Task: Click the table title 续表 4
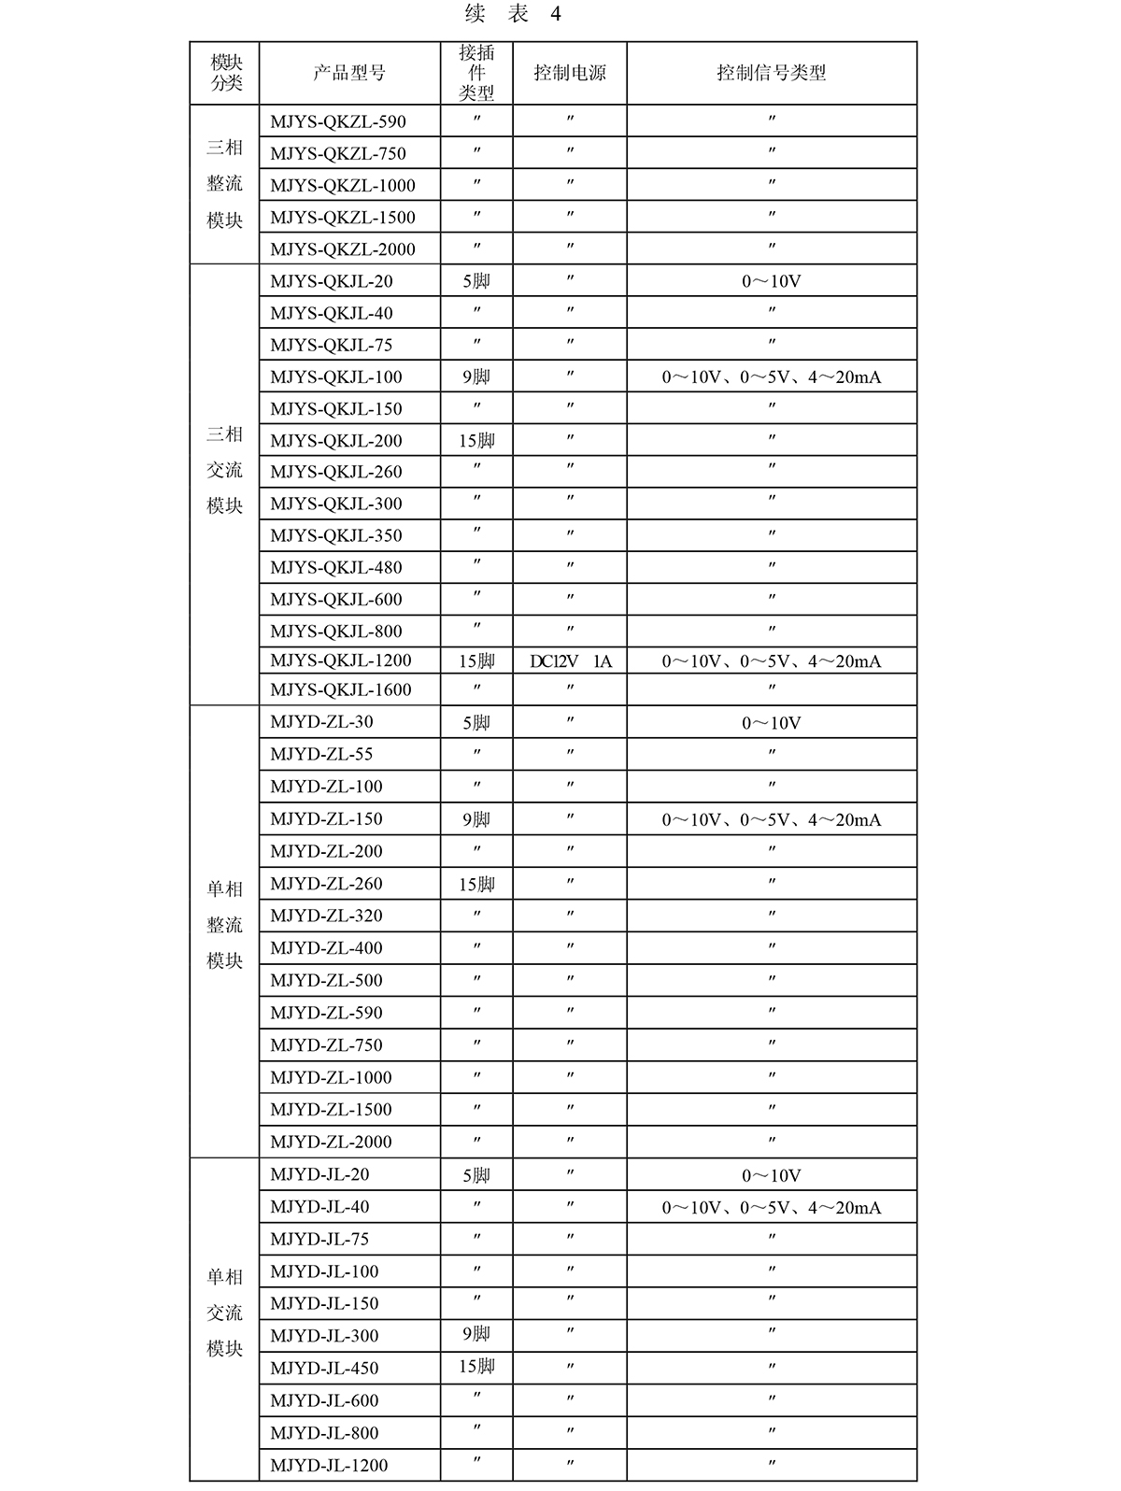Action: [x=513, y=14]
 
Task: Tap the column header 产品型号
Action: [x=348, y=73]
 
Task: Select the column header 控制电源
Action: [x=569, y=73]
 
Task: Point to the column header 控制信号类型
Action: [x=771, y=73]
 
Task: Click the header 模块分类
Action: [x=225, y=73]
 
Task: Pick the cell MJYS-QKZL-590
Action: [x=338, y=121]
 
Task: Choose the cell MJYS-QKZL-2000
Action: [x=342, y=249]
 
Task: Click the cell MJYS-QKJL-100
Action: [x=335, y=377]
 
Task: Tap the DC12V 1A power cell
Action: [x=570, y=661]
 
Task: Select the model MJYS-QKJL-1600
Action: [x=340, y=689]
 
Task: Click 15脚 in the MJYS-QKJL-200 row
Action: [x=476, y=441]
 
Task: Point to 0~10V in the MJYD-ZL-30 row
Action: [x=771, y=723]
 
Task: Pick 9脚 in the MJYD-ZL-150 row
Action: [x=476, y=819]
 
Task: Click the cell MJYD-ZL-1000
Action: [x=331, y=1077]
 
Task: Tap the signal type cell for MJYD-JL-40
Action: [x=771, y=1208]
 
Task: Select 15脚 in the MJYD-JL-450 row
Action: [x=476, y=1367]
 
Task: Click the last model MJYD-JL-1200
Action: [x=329, y=1465]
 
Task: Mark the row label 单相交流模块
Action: [x=225, y=1313]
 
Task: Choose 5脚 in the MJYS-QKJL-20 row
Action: [x=476, y=281]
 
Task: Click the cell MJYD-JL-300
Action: [x=324, y=1336]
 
